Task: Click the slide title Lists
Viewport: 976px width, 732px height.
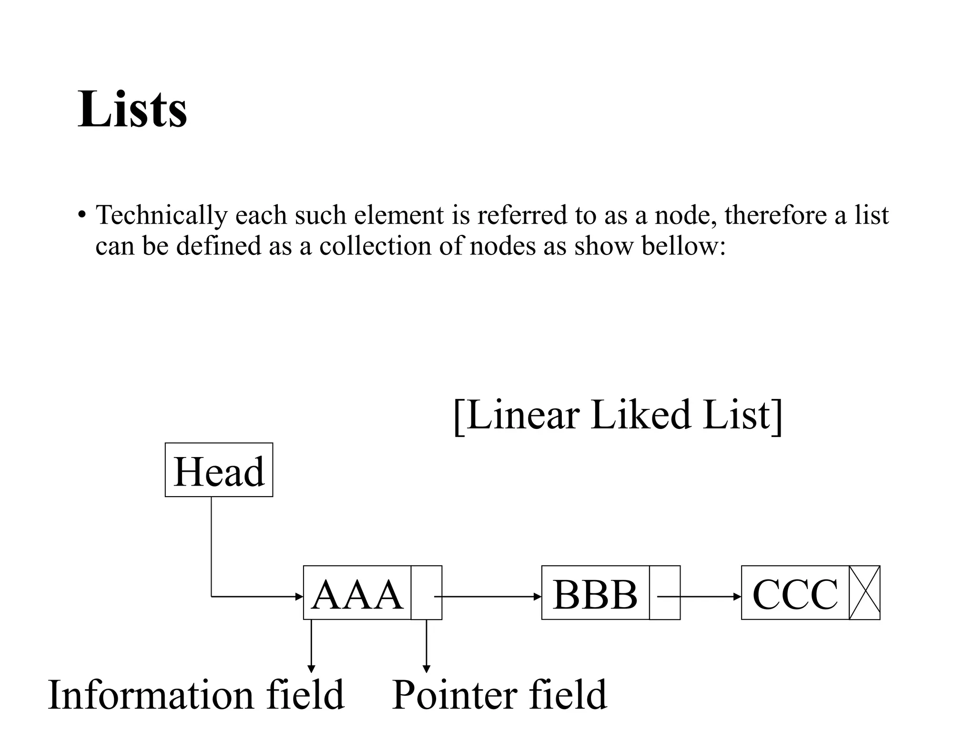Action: tap(132, 109)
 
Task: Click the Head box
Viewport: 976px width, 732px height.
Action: tap(219, 470)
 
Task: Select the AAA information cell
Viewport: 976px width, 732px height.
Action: tap(357, 593)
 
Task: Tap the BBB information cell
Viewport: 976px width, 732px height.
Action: tap(595, 593)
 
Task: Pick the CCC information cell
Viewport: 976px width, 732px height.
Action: tap(795, 593)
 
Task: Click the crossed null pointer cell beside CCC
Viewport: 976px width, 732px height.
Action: tap(864, 593)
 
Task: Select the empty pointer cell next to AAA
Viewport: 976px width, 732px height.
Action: tap(426, 593)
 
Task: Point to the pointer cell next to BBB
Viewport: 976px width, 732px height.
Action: tap(665, 593)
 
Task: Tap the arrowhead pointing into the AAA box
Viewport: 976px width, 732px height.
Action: tap(299, 596)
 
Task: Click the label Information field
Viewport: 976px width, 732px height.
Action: tap(196, 695)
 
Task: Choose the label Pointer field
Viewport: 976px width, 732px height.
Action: tap(499, 695)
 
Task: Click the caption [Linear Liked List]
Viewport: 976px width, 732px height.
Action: tap(618, 415)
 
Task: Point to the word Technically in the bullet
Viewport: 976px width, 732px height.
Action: tap(161, 215)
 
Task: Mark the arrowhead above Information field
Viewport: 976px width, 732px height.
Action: tap(311, 669)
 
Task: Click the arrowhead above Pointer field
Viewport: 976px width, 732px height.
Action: tap(426, 669)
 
